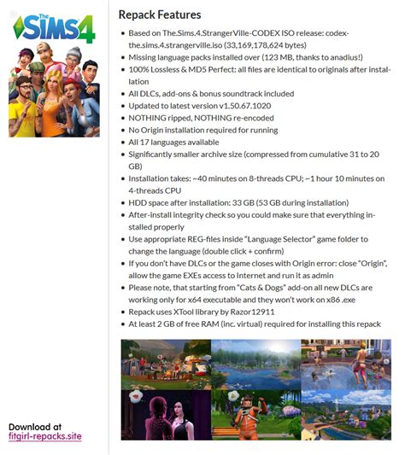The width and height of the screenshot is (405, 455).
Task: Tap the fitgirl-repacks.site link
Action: (45, 436)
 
